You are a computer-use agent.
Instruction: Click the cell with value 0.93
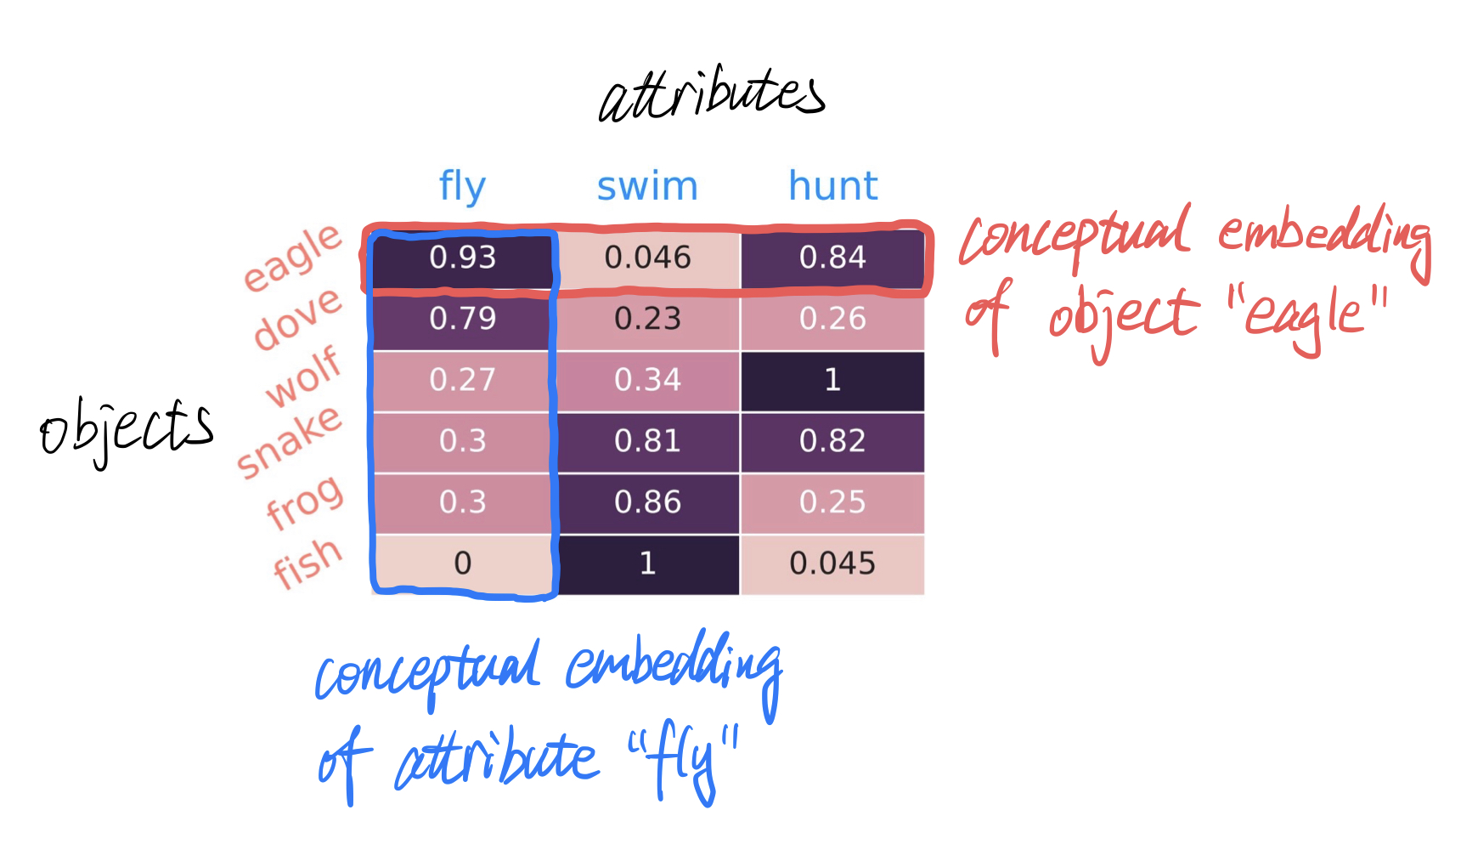tap(463, 258)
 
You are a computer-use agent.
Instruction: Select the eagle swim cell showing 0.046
tap(648, 258)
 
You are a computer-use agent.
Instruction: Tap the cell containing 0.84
tap(832, 258)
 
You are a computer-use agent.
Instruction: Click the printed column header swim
tap(647, 186)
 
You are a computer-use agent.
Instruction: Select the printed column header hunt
tap(832, 186)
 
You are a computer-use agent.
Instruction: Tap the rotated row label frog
tap(305, 501)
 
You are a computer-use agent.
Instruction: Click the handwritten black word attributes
tap(712, 93)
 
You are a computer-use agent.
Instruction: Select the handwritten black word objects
tap(127, 429)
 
